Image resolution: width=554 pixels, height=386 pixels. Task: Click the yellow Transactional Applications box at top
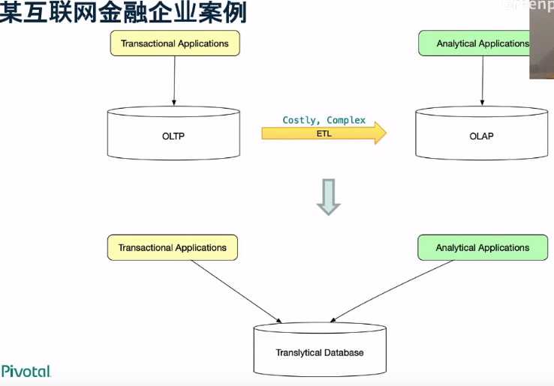click(175, 43)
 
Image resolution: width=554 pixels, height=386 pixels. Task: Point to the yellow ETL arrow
click(324, 133)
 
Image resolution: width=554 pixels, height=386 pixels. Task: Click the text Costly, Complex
click(324, 120)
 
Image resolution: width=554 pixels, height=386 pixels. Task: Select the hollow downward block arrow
click(327, 197)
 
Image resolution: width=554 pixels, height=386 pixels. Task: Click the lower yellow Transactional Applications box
click(173, 247)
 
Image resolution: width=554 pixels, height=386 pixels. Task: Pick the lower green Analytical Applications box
click(482, 247)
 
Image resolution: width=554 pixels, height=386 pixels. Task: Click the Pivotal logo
click(26, 372)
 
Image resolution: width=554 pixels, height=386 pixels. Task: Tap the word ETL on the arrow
click(324, 133)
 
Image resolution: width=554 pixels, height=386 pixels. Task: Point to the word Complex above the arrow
click(346, 120)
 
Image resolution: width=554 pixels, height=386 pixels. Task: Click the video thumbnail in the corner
click(541, 41)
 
